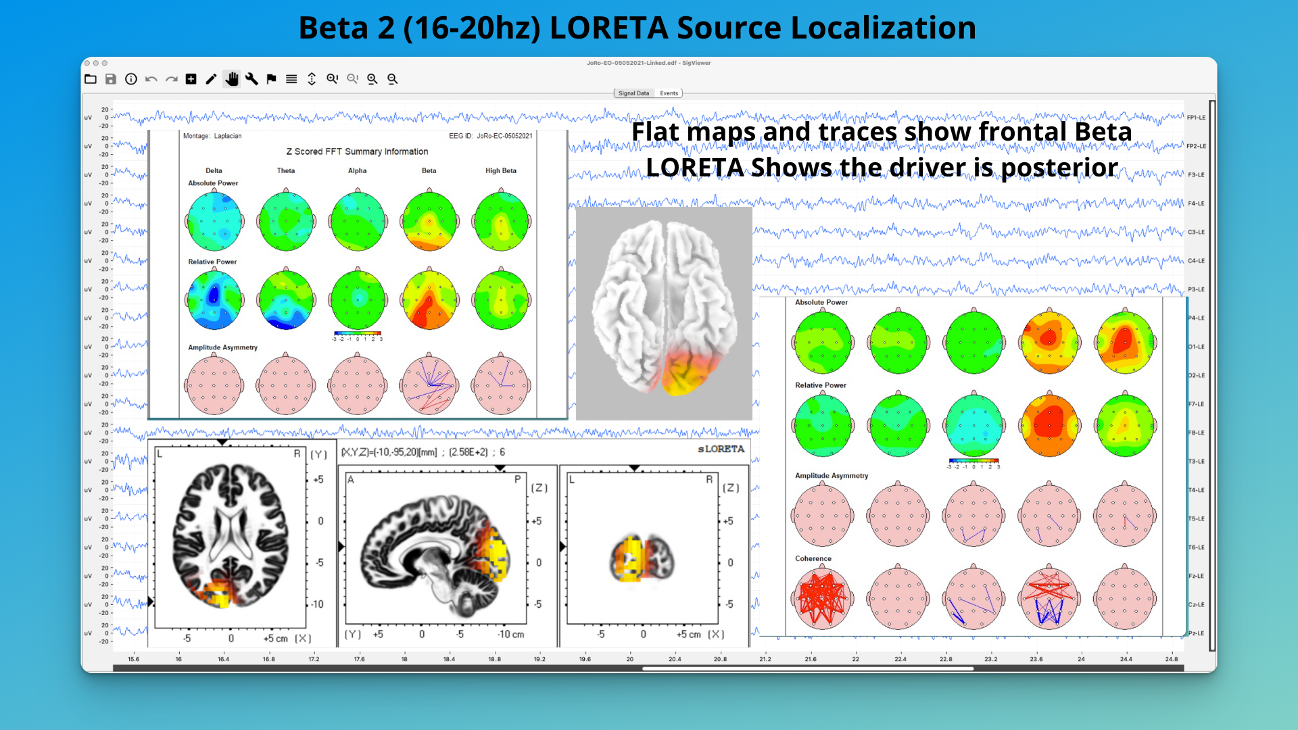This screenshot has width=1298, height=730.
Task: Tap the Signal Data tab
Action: [x=633, y=93]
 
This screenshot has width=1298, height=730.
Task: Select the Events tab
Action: [x=669, y=93]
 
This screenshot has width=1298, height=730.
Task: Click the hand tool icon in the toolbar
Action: [x=232, y=79]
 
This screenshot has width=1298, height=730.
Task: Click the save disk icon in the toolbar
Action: [x=111, y=79]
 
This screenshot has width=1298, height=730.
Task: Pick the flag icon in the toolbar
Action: [x=271, y=79]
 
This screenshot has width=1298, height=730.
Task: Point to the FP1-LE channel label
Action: [x=1196, y=118]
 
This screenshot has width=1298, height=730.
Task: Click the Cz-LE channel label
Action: [x=1196, y=605]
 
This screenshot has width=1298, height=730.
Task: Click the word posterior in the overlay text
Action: [x=1059, y=167]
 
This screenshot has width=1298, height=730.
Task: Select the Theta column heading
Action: [x=286, y=171]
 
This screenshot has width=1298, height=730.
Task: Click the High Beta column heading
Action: [x=500, y=171]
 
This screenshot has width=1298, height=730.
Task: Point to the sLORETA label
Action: [x=721, y=449]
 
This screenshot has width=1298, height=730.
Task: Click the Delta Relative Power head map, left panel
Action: [x=214, y=299]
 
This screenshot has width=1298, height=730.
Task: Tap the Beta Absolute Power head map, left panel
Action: [x=429, y=222]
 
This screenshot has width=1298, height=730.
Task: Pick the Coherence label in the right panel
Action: [x=813, y=559]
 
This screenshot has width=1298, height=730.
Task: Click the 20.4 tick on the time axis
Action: [x=675, y=659]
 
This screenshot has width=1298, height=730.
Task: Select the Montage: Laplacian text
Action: [x=212, y=137]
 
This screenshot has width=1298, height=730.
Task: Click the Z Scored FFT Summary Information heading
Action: [x=357, y=152]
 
